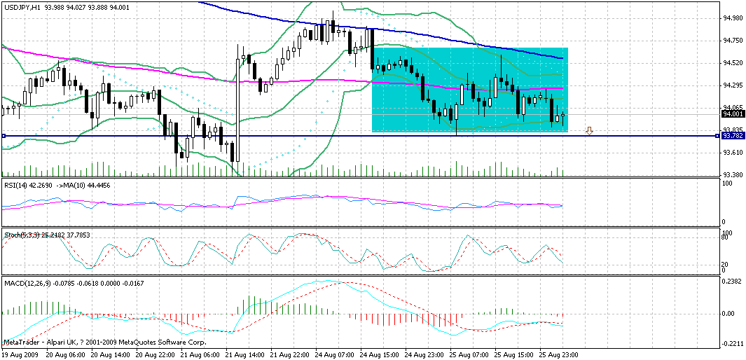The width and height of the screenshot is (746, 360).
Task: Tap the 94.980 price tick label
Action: (x=732, y=18)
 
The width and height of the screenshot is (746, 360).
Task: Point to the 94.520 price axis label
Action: (x=732, y=63)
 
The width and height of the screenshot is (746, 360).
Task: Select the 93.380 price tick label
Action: (x=732, y=175)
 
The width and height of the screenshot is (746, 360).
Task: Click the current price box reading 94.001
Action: (x=732, y=113)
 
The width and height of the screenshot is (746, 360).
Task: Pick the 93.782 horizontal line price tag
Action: (x=732, y=136)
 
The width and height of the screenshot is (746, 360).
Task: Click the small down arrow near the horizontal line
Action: (x=590, y=130)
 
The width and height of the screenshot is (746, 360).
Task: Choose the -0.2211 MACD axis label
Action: (x=732, y=343)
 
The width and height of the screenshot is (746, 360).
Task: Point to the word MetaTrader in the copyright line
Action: (x=22, y=342)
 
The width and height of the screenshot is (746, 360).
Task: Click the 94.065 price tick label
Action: (x=732, y=108)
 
